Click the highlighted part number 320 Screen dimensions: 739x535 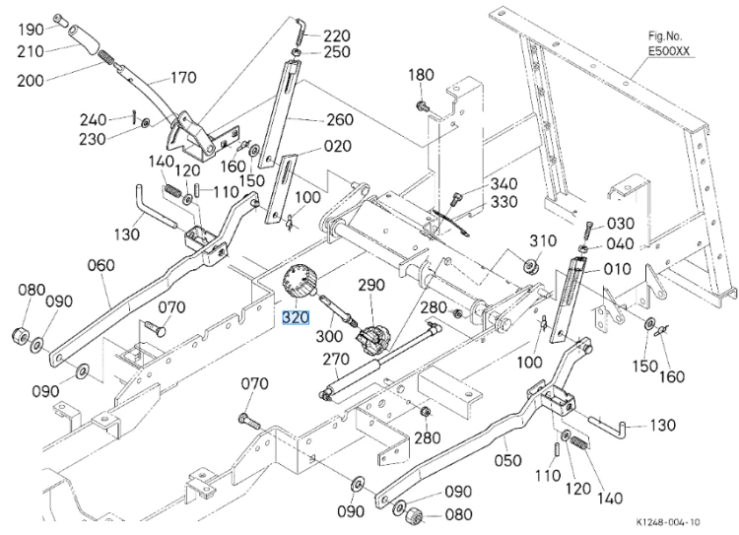click(x=296, y=317)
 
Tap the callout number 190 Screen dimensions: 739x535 click(x=32, y=30)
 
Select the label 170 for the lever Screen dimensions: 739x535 click(x=183, y=77)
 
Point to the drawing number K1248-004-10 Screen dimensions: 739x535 click(x=668, y=522)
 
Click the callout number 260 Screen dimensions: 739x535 click(x=340, y=119)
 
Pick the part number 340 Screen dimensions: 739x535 click(x=504, y=184)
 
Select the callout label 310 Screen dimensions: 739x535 click(x=543, y=240)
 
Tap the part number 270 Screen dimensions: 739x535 click(x=336, y=360)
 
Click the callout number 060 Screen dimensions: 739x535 click(x=101, y=265)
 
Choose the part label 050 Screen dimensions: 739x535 click(x=507, y=460)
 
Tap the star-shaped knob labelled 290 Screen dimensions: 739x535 click(x=372, y=338)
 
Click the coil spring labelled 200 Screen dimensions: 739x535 click(x=107, y=58)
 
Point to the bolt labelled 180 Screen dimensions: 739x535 click(x=422, y=105)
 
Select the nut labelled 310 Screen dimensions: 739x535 click(x=529, y=264)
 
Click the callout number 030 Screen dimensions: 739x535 click(x=620, y=224)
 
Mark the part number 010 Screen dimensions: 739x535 click(x=618, y=269)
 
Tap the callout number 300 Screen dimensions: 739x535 click(x=329, y=336)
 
